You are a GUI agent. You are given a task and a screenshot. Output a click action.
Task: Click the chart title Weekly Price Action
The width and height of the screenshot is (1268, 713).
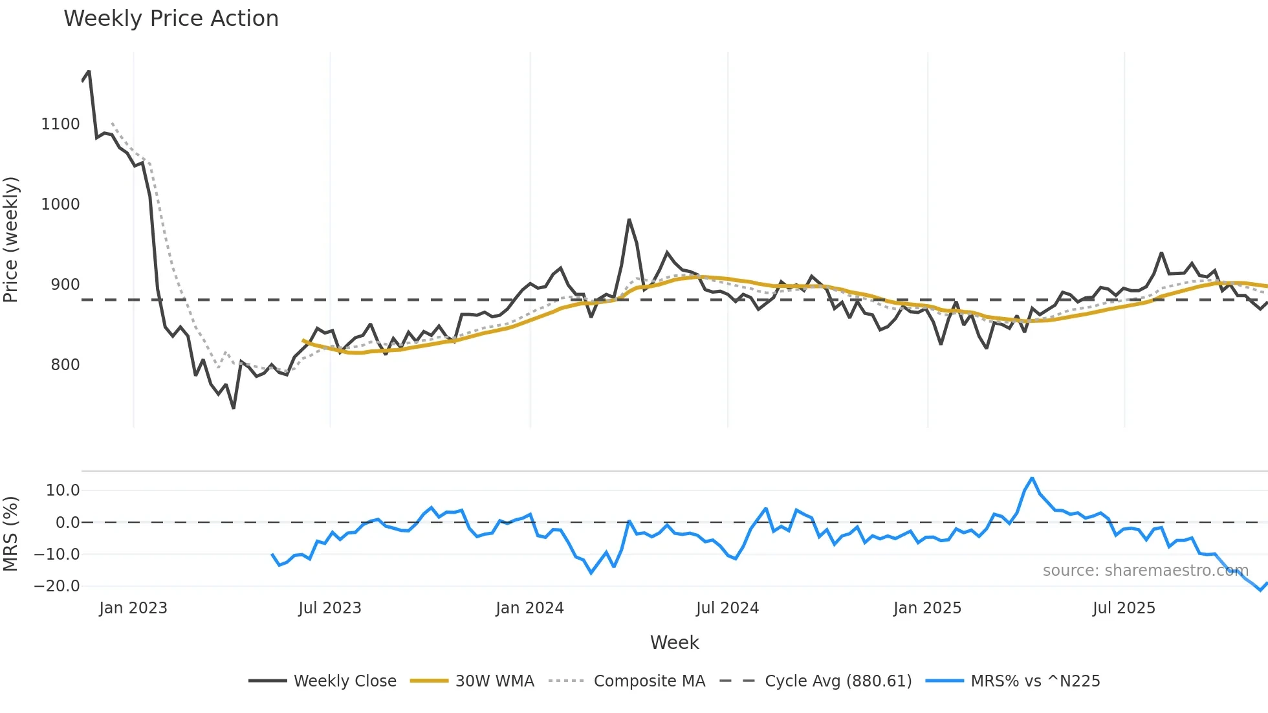coord(171,19)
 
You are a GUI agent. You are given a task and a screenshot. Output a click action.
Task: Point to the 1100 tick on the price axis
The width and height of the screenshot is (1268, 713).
coord(60,124)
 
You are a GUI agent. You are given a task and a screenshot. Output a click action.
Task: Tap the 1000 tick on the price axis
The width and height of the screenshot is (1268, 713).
coord(60,204)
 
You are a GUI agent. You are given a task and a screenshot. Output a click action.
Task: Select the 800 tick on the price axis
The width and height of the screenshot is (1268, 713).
coord(65,365)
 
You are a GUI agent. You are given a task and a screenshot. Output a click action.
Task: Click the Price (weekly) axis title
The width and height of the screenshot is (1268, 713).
coord(11,239)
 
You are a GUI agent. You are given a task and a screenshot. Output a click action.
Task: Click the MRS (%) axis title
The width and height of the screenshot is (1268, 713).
coord(11,534)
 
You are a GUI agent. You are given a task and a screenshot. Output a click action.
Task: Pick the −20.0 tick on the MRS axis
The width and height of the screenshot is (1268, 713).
coord(57,586)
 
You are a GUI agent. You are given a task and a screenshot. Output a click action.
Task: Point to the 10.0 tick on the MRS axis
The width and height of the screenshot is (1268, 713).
coord(62,490)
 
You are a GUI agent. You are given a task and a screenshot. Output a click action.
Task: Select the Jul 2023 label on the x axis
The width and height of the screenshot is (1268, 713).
coord(329,608)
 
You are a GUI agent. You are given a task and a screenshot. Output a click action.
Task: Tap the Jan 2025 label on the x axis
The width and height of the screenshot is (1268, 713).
coord(927,608)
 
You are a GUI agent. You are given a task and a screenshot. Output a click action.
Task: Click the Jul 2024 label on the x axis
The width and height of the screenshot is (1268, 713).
coord(727,608)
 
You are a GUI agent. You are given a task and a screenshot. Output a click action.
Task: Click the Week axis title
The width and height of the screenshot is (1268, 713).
coord(674,642)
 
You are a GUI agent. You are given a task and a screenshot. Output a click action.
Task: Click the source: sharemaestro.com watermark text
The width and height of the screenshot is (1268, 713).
coord(1145,571)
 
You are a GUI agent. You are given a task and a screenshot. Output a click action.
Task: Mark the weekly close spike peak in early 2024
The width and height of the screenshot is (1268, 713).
coord(629,220)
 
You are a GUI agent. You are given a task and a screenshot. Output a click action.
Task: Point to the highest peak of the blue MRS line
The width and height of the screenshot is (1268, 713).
coord(1032,478)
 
